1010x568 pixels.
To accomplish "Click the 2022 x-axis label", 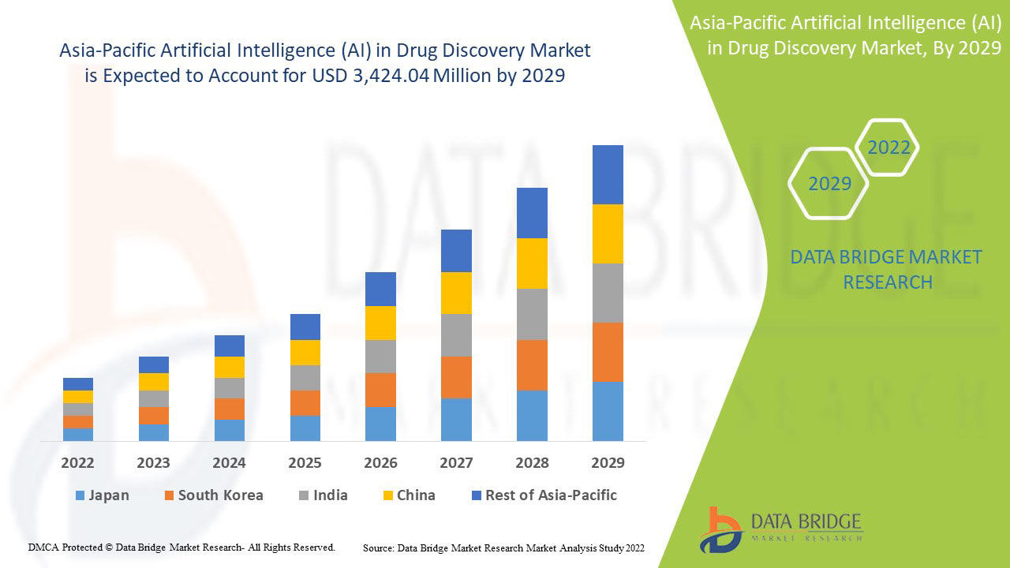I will click(77, 462).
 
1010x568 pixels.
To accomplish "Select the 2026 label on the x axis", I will click(380, 462).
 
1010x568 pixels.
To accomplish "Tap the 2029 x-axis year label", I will click(608, 462).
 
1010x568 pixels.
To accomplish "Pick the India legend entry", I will click(323, 495).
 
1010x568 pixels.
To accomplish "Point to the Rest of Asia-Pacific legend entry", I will click(544, 495).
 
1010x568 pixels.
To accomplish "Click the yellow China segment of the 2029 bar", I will click(608, 234).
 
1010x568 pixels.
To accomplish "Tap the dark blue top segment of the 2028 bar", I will click(532, 213).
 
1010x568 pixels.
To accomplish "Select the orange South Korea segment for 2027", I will click(456, 377).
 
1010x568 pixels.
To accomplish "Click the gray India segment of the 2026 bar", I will click(380, 357).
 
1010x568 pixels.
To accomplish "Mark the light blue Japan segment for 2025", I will click(305, 428).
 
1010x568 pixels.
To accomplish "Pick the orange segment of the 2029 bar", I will click(608, 352).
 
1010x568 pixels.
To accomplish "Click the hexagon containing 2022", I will click(888, 148).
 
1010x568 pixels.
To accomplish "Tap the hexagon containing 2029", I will click(829, 184).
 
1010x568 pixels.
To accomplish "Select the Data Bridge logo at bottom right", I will click(781, 529).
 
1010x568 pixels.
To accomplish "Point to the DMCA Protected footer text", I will click(181, 547).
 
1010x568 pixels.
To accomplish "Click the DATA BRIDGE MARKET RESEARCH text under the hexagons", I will click(886, 270).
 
